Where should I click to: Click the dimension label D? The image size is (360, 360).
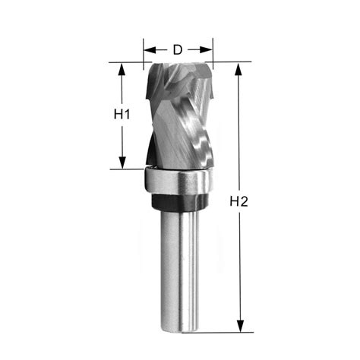[177, 50]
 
